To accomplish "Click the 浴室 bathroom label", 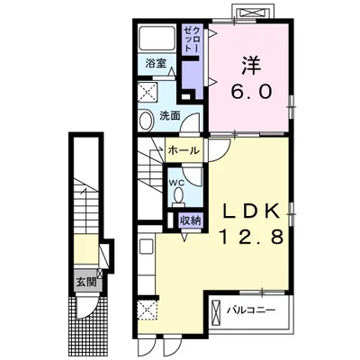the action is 156,63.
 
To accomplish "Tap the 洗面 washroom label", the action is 170,115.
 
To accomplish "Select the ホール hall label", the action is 184,150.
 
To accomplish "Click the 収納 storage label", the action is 190,220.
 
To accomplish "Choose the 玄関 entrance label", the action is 85,282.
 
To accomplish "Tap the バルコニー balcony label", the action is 250,310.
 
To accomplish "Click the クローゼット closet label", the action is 191,39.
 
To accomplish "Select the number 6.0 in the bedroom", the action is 251,91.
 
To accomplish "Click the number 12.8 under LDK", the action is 251,237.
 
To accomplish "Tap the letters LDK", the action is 251,211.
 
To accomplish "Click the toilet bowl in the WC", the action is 179,195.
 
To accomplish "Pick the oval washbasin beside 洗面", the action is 146,121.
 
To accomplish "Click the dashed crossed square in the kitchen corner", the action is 148,310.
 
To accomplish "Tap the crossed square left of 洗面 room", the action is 148,92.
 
